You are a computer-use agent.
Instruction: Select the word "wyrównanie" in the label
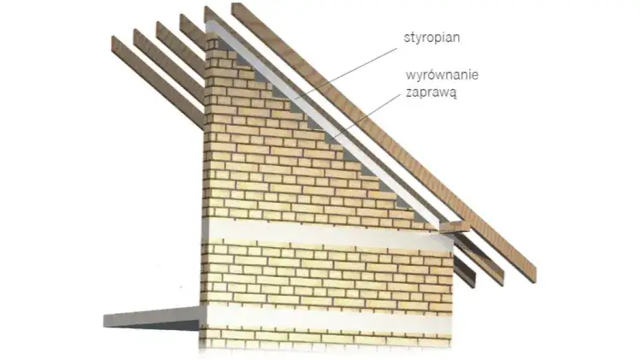(441, 76)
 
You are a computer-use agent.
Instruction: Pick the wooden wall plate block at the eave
(452, 227)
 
